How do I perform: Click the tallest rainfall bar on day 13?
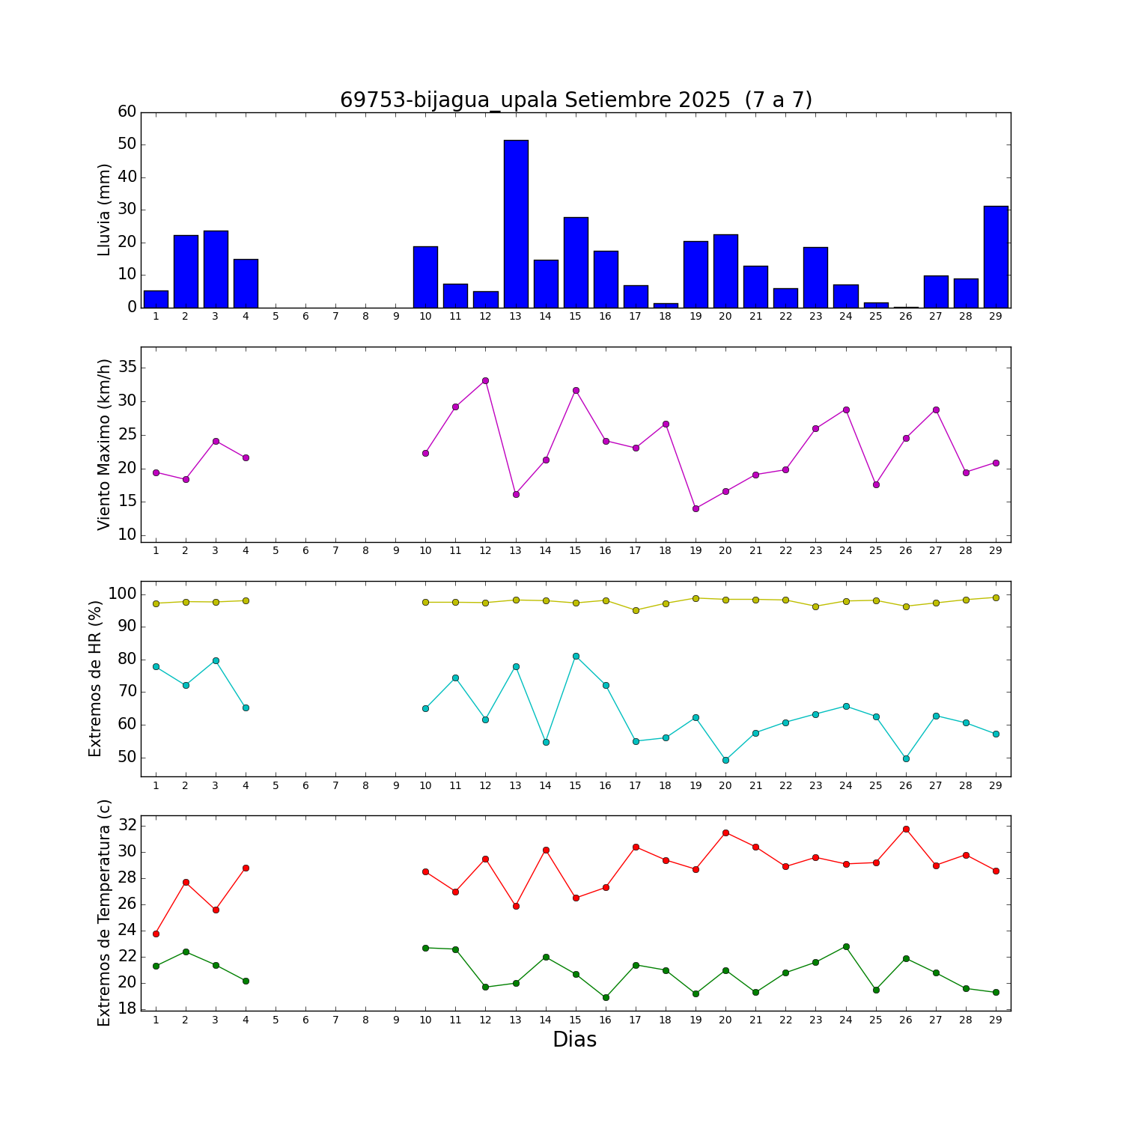(516, 224)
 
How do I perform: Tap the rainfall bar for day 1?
(156, 299)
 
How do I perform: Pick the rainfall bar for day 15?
(576, 262)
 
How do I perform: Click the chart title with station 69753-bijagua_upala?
(576, 100)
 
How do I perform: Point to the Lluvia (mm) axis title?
(104, 210)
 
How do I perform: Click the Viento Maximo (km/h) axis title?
(104, 444)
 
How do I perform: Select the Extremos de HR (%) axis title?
(95, 678)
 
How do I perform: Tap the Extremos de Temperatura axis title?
(104, 913)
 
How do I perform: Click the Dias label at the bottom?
(574, 1040)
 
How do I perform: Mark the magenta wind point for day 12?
(485, 380)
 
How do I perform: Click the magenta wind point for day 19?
(696, 508)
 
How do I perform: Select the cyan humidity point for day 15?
(576, 656)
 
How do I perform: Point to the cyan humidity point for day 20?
(725, 760)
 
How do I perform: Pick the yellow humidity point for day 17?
(636, 610)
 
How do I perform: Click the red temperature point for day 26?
(906, 829)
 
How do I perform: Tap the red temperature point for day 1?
(156, 934)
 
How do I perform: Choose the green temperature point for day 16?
(606, 997)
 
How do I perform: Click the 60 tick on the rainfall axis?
(127, 112)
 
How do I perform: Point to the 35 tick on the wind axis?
(127, 367)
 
